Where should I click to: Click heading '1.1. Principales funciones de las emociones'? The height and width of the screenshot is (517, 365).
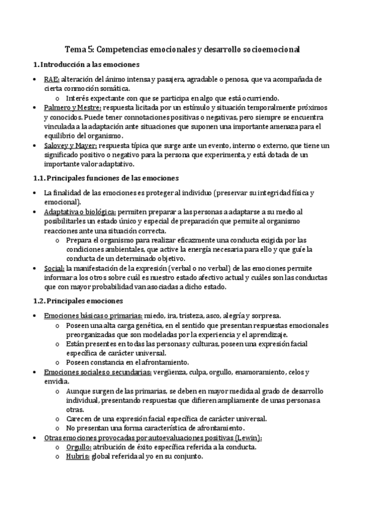tap(105, 178)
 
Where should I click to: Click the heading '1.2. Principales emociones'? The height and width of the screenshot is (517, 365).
tap(77, 301)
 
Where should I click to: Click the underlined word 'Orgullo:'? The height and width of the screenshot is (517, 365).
tap(79, 446)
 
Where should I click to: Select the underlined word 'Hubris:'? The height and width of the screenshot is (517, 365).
tap(78, 456)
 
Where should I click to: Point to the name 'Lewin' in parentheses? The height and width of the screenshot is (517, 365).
tap(250, 437)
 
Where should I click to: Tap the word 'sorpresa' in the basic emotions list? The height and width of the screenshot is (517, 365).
tap(264, 316)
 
